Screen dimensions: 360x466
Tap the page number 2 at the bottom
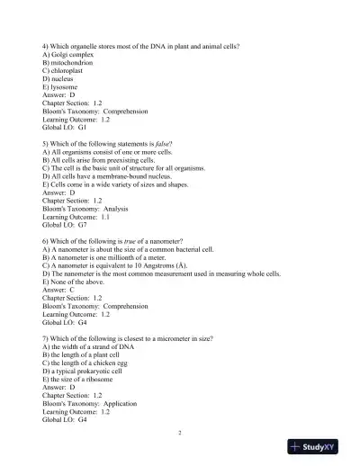pyautogui.click(x=180, y=433)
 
